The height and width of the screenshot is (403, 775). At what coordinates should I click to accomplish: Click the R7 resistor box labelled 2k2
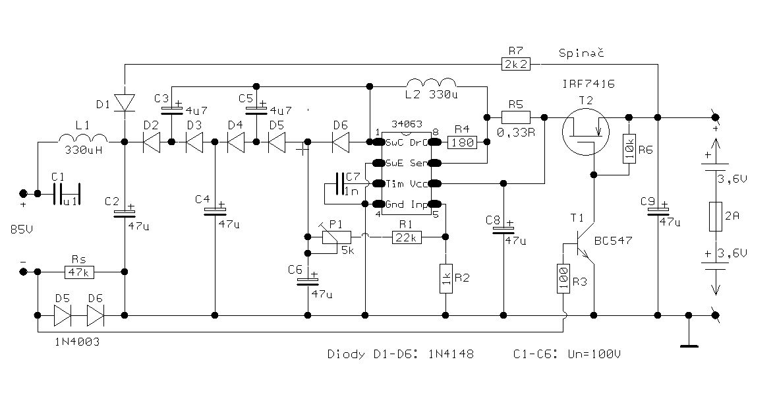click(x=516, y=64)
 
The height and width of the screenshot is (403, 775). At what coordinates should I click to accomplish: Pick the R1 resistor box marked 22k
click(x=407, y=237)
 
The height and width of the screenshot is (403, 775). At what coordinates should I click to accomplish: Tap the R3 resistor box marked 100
click(x=563, y=279)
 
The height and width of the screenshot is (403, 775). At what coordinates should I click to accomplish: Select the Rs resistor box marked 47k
click(x=80, y=271)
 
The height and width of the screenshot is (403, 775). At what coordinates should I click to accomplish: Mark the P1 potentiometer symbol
click(x=336, y=237)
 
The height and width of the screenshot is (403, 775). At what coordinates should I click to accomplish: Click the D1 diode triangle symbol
click(x=124, y=102)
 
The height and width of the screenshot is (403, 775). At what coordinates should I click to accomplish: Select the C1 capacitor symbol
click(x=65, y=193)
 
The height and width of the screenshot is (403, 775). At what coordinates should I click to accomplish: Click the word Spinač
click(x=581, y=51)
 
